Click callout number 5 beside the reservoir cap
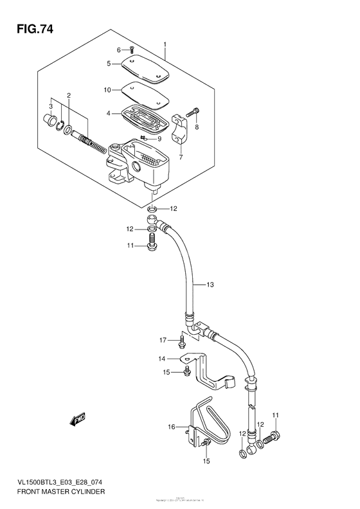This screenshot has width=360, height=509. tap(109, 63)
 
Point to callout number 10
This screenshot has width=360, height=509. tap(108, 89)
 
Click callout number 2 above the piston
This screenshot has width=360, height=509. tap(68, 96)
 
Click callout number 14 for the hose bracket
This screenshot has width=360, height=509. tap(163, 359)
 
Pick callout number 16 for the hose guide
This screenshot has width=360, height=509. tap(172, 426)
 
